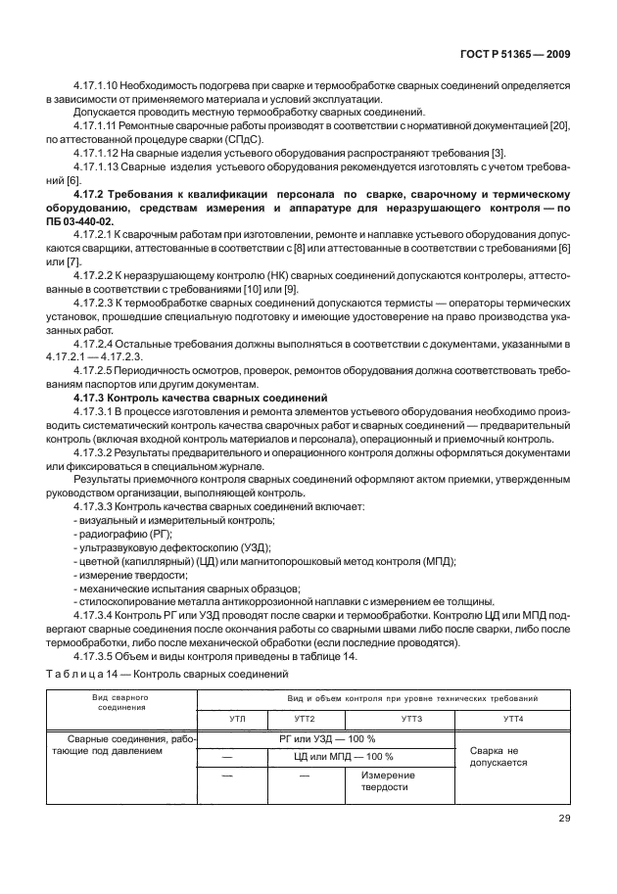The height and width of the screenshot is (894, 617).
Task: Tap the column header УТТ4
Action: [x=512, y=718]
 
